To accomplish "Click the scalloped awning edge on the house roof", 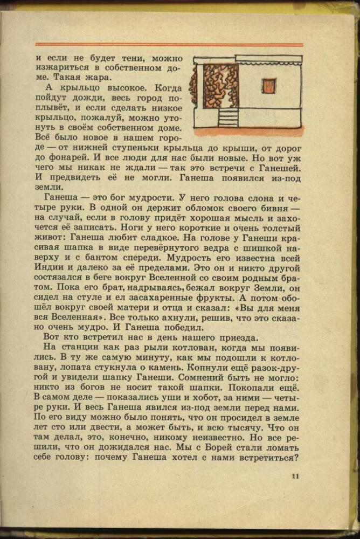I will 268,59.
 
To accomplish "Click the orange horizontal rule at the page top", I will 169,45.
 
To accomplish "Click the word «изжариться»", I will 61,68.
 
